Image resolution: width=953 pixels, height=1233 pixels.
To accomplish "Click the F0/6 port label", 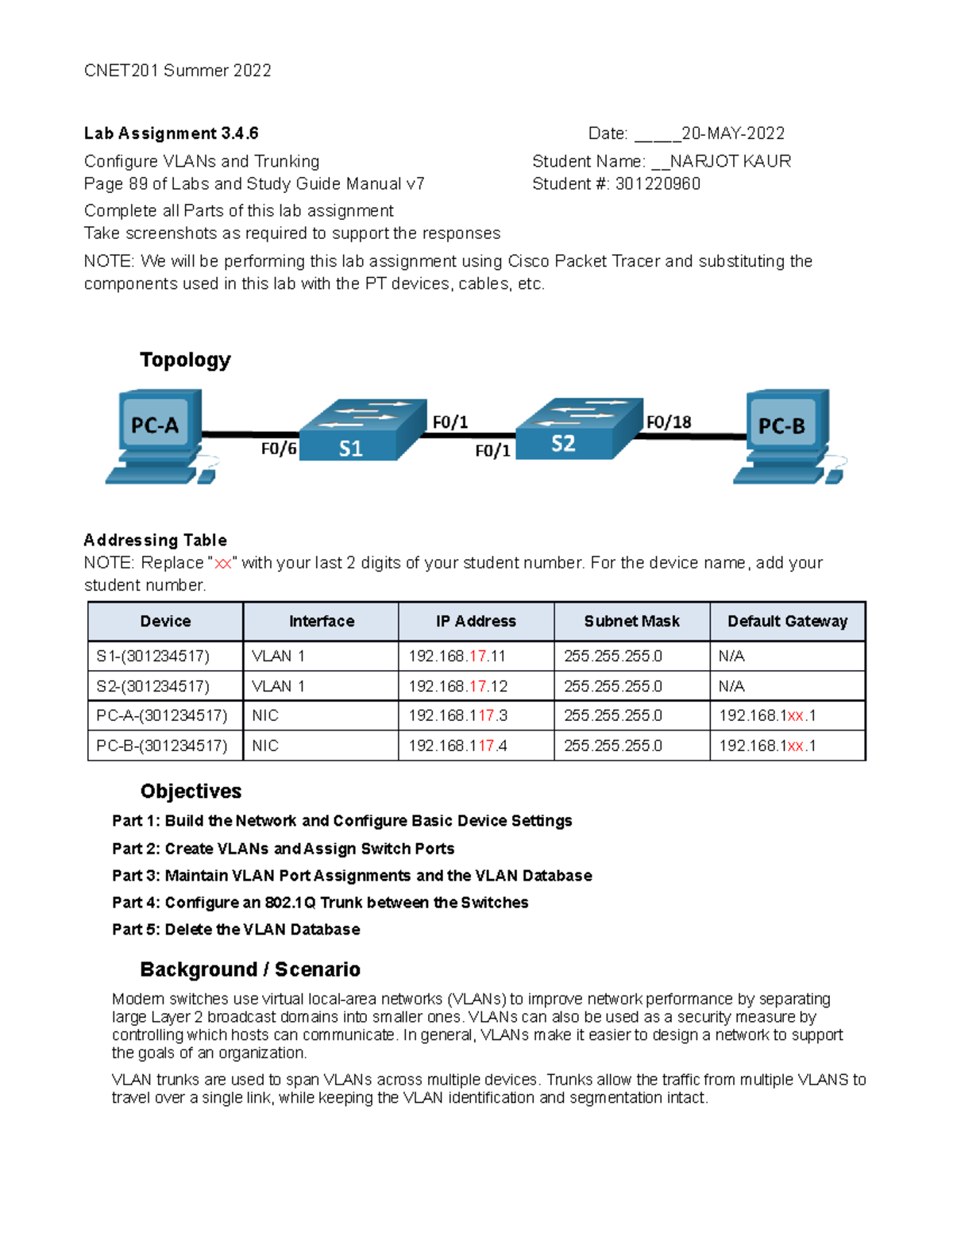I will pos(279,449).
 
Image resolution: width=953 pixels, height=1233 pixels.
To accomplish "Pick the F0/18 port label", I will pos(669,422).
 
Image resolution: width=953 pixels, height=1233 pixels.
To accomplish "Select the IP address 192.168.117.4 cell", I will pos(457,746).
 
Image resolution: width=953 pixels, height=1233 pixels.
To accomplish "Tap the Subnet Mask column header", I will pos(631,622).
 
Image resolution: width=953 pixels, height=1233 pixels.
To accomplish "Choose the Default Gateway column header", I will pos(787,622).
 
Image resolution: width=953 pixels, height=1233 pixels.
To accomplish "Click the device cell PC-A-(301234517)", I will pos(162,716).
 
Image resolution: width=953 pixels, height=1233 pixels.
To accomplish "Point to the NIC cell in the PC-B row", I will pos(265,746).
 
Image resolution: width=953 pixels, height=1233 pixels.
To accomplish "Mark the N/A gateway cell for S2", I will pos(731,687).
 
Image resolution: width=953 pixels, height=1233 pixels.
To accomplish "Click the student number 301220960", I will pos(658,184).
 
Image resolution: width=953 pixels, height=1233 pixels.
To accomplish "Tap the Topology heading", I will pos(185,360).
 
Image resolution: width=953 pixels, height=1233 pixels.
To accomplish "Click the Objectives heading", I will pos(191,792).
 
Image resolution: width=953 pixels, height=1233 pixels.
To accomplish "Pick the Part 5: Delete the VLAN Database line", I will pos(236,930).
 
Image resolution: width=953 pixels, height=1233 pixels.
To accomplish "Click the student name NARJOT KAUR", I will pos(731,162).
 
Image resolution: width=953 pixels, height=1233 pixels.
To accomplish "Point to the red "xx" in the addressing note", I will pos(223,564).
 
